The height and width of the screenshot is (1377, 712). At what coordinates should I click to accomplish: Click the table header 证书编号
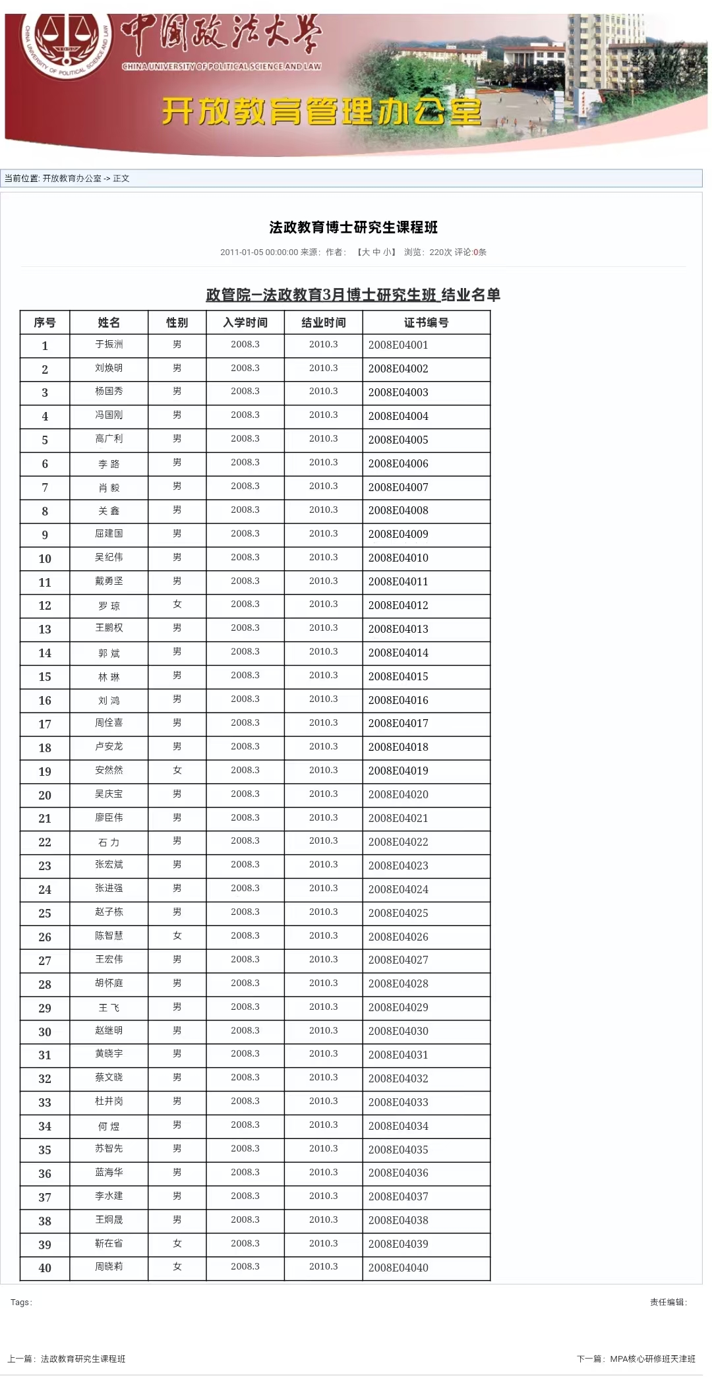tap(426, 322)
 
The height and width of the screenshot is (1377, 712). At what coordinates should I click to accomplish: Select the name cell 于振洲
tap(109, 345)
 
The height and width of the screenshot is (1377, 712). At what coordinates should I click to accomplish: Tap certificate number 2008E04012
tap(398, 605)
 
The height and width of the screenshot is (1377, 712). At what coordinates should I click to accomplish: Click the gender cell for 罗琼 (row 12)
tap(177, 604)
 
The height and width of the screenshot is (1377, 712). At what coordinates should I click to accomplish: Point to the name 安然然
tap(109, 770)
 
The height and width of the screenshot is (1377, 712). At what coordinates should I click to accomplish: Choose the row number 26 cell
tap(45, 937)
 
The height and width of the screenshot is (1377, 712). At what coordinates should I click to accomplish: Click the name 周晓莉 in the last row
tap(109, 1266)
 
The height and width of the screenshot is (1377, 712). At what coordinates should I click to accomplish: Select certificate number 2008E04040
tap(398, 1268)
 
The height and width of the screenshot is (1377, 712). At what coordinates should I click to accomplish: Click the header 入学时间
tap(245, 322)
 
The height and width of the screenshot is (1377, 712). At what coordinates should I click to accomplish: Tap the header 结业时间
tap(323, 322)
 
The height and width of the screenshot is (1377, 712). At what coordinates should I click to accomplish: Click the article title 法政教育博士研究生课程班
tap(353, 227)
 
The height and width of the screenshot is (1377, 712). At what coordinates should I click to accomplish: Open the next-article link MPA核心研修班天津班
tap(653, 1359)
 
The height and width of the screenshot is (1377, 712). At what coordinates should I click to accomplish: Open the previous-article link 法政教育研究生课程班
tap(83, 1359)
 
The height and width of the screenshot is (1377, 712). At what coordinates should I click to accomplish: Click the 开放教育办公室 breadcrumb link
tap(72, 179)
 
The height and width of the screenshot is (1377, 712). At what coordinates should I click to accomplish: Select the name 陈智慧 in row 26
tap(109, 935)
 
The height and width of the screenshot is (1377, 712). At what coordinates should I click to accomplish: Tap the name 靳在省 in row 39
tap(109, 1243)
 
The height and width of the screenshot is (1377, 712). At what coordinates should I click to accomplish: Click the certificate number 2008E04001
tap(398, 345)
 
